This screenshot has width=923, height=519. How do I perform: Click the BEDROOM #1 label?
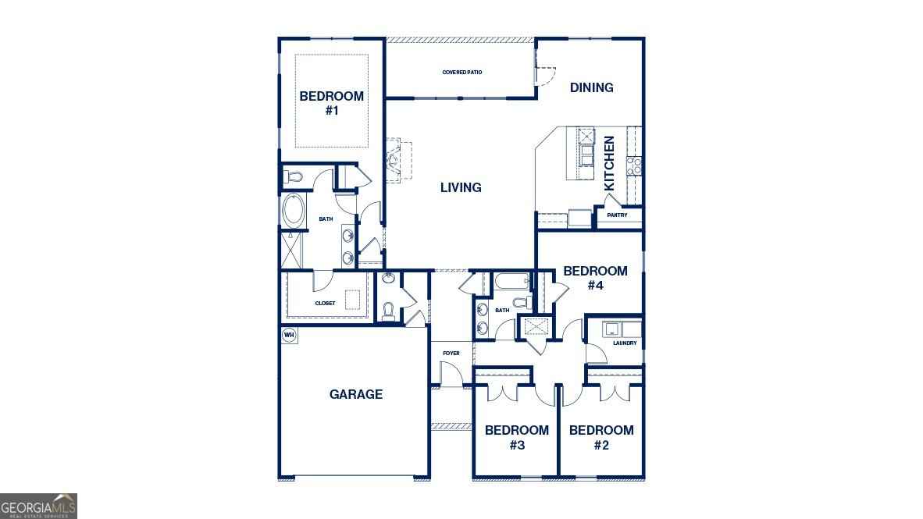point(331,103)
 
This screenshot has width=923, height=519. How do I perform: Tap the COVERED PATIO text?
point(462,73)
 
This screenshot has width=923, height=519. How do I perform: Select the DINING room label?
point(591,87)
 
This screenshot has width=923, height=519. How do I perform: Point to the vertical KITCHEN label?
point(610,163)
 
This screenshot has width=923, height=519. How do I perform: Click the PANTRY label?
point(617,215)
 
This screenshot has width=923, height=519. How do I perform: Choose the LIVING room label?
point(461,187)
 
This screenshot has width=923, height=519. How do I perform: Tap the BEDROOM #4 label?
point(595,278)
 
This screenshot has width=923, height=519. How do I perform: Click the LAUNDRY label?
point(625,343)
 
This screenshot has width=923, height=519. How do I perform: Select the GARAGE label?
point(356,394)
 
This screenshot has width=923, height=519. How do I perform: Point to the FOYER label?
point(451,354)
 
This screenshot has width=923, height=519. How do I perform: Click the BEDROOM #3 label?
point(517,437)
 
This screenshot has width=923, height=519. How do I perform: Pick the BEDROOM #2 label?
point(600,437)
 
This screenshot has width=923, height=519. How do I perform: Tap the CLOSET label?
point(325,303)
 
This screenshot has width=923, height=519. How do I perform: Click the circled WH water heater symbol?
point(289,335)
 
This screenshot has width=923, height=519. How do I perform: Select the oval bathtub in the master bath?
point(294,210)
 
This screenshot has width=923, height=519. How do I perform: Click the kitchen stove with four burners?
point(633,165)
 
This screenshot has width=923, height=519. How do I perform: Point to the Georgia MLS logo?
point(38,506)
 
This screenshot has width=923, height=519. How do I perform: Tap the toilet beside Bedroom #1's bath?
point(292,175)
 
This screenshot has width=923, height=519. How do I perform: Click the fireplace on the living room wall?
point(394,160)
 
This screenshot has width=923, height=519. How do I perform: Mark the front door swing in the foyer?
point(451,375)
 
